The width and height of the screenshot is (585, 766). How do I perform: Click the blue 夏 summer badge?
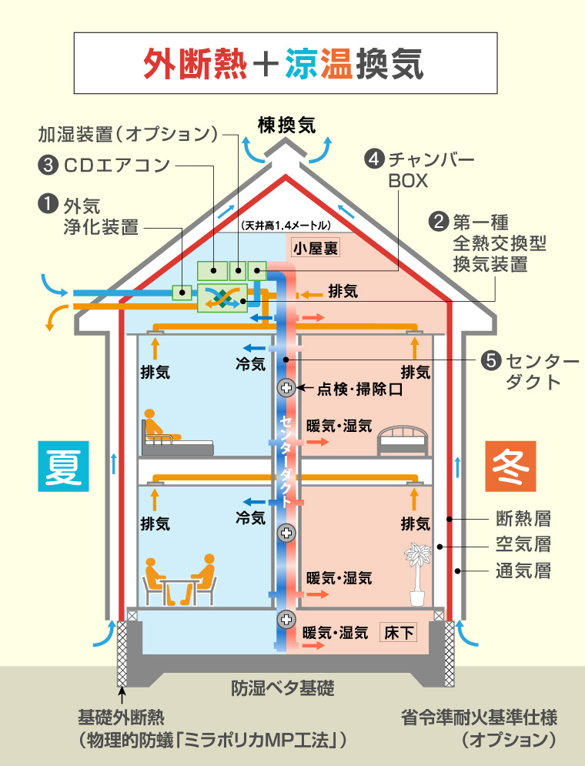[x=63, y=466]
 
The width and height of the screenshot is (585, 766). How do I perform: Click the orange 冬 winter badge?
[x=510, y=466]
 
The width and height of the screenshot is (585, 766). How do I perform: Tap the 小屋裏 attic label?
[x=316, y=248]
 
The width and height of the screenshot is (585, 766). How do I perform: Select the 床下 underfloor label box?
[x=399, y=633]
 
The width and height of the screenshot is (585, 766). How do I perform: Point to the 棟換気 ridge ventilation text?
[x=286, y=126]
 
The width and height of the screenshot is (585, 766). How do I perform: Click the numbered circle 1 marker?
[x=48, y=205]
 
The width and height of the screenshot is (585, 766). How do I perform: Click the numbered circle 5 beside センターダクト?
[x=491, y=360]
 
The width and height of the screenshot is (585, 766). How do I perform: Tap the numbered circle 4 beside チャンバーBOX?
[x=375, y=159]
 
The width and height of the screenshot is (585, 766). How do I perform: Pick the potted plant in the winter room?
[x=417, y=574]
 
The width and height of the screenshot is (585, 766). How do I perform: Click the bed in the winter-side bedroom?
[x=403, y=440]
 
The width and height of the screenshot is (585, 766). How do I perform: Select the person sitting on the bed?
[x=159, y=426]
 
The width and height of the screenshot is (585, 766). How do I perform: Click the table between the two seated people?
[x=179, y=591]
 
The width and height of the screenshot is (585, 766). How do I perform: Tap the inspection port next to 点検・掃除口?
[x=286, y=388]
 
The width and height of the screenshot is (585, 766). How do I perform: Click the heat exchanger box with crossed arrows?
[x=222, y=298]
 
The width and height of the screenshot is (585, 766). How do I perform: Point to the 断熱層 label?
[x=523, y=518]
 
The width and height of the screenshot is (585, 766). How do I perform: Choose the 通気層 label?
[x=523, y=570]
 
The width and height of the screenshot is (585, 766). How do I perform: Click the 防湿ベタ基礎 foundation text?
[x=282, y=687]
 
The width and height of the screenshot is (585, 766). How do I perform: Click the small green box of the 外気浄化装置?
[x=182, y=292]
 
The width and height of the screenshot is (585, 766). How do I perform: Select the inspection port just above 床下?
[x=286, y=620]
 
